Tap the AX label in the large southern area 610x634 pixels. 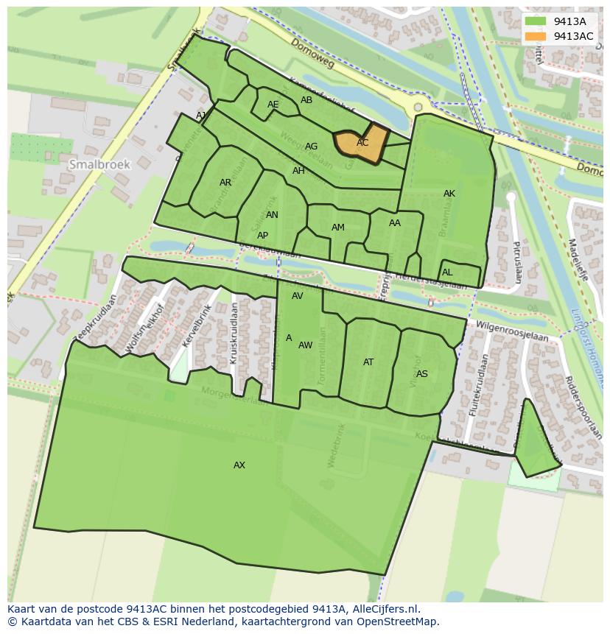click(x=239, y=465)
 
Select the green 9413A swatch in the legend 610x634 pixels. click(x=536, y=21)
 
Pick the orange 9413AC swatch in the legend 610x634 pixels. click(x=536, y=36)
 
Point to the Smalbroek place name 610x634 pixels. click(x=99, y=165)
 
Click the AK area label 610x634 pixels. click(x=449, y=194)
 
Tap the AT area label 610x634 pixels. click(x=368, y=362)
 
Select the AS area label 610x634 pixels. click(x=421, y=374)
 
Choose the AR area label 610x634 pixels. click(x=225, y=183)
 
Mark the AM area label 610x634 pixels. click(x=338, y=228)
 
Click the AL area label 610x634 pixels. click(x=447, y=272)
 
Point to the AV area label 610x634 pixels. click(x=298, y=296)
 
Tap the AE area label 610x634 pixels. click(x=273, y=105)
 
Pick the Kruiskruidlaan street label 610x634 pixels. click(x=234, y=334)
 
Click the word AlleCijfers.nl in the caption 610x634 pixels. click(x=384, y=609)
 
